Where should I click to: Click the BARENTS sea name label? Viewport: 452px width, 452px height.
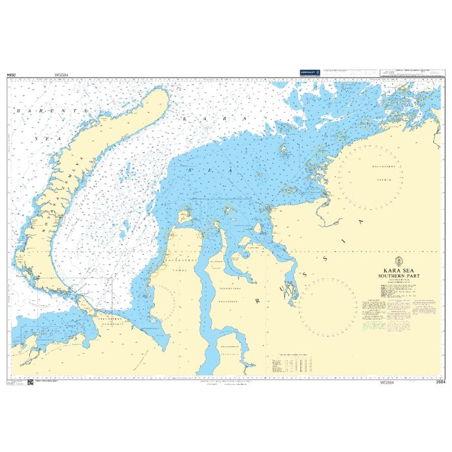48,112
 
